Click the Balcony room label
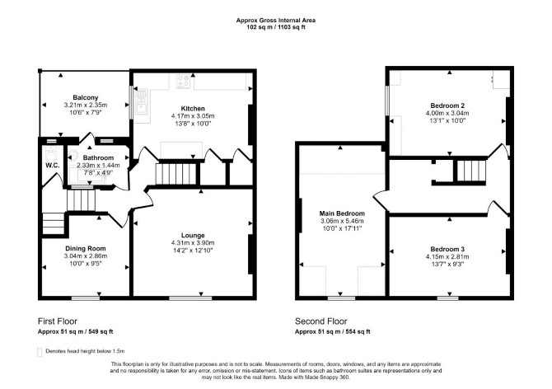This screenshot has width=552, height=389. click(86, 97)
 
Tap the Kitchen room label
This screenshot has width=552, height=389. click(193, 109)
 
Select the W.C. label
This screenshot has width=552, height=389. click(52, 166)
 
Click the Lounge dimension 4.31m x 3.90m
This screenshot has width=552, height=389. click(193, 243)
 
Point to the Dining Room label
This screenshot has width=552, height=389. click(86, 249)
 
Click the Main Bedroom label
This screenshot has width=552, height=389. click(342, 213)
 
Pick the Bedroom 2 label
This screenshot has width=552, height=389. click(447, 105)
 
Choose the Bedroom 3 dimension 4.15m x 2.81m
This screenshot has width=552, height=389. click(447, 256)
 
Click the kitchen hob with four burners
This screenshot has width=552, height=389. click(183, 82)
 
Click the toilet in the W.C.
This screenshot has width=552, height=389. click(51, 154)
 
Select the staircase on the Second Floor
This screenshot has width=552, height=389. click(471, 171)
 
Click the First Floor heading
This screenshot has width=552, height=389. click(58, 321)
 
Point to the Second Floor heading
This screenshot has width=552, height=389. click(320, 321)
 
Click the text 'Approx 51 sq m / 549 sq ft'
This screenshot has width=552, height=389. click(75, 331)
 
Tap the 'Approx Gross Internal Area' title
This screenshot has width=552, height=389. click(276, 21)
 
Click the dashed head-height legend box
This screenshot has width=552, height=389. click(40, 352)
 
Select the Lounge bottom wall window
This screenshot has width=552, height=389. click(190, 298)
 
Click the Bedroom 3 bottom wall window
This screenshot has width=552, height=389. click(448, 298)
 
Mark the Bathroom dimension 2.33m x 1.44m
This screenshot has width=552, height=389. click(98, 165)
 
